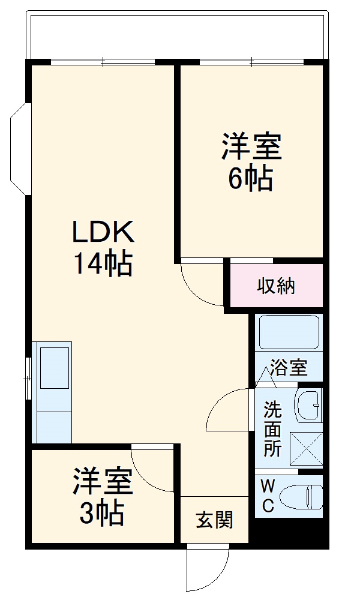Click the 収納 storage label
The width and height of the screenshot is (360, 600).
[277, 286]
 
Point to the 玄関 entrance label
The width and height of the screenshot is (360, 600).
[214, 520]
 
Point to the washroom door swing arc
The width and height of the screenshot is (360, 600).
[227, 411]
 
